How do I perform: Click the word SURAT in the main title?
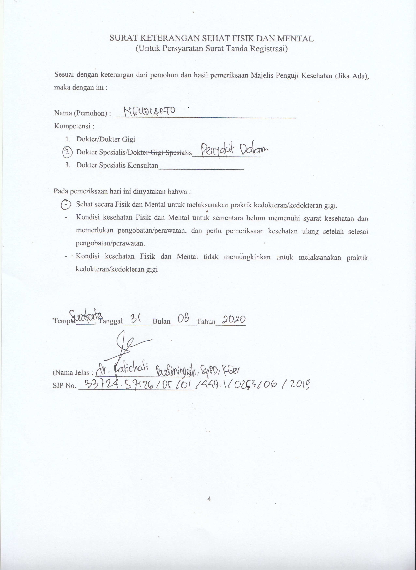pyautogui.click(x=124, y=38)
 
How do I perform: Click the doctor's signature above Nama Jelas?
pyautogui.click(x=127, y=346)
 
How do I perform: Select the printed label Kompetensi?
pyautogui.click(x=74, y=126)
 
